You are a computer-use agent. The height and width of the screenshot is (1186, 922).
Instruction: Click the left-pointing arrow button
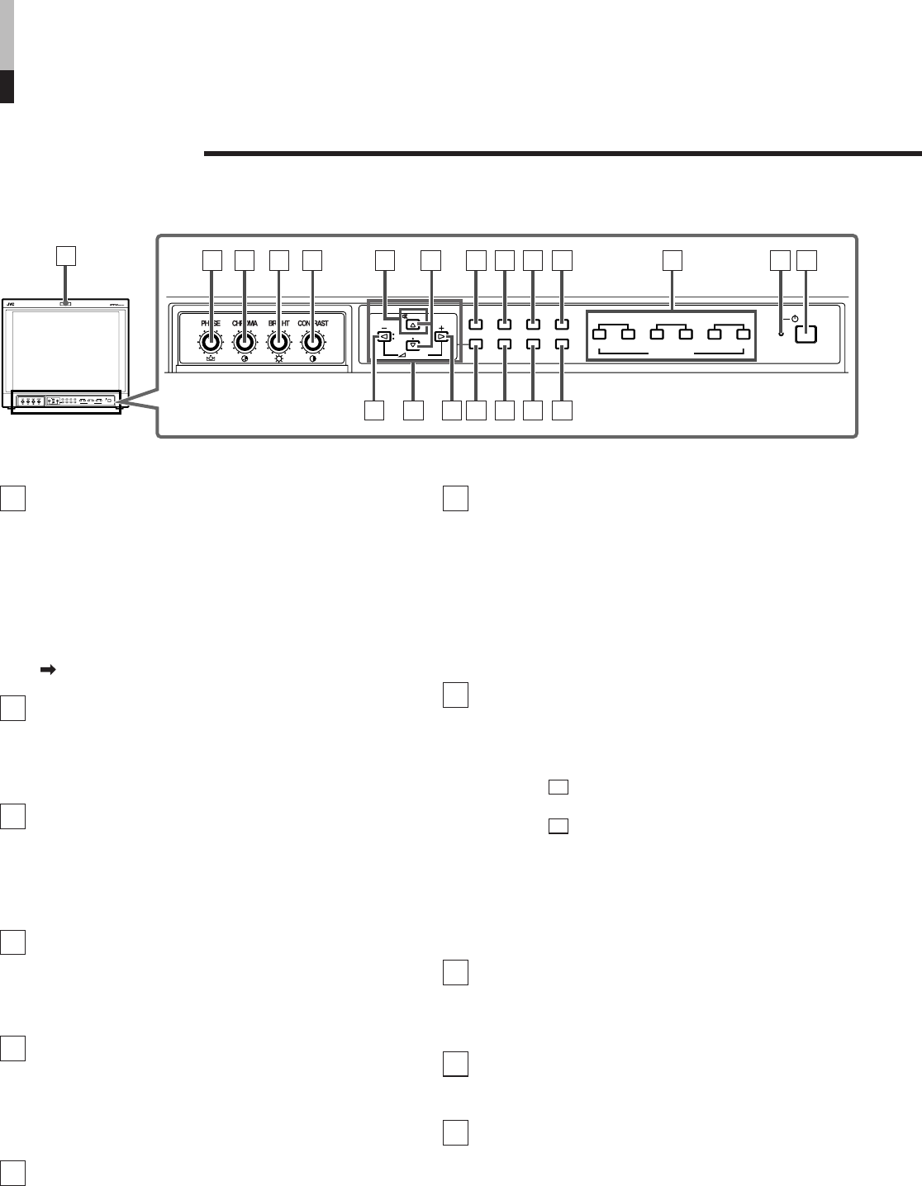[x=383, y=337]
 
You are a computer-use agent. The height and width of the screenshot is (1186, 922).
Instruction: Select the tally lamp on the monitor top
[x=64, y=303]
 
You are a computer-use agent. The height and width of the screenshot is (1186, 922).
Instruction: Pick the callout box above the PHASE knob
[x=212, y=260]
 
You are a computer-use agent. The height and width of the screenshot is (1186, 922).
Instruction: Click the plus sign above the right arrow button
[x=442, y=328]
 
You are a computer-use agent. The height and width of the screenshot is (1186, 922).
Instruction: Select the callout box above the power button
[x=807, y=260]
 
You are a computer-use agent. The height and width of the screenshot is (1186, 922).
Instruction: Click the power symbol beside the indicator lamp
[x=793, y=319]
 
